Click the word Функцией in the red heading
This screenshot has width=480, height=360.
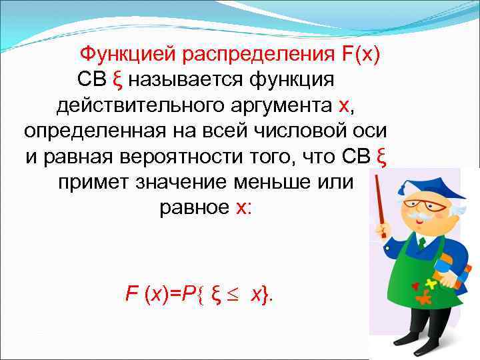point(131,54)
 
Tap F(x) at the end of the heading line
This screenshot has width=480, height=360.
point(360,54)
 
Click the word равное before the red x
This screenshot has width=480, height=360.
point(194,207)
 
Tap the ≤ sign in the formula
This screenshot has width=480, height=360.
point(237,293)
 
